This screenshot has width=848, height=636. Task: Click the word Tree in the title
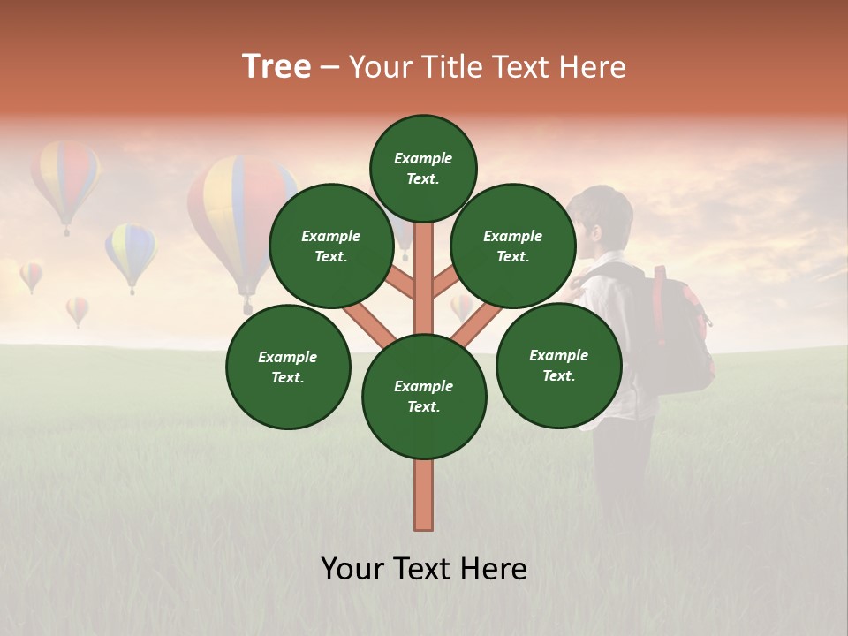[276, 67]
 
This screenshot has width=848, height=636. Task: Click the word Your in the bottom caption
[353, 569]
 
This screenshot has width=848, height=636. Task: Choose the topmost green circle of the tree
[423, 168]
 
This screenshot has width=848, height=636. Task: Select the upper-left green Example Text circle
[331, 246]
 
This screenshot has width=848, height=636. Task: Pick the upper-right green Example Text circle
[513, 246]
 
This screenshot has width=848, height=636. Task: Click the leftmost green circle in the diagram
[288, 367]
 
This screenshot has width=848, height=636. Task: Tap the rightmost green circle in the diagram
[559, 365]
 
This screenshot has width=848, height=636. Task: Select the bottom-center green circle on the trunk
[424, 396]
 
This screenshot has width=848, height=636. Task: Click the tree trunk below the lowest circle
[424, 495]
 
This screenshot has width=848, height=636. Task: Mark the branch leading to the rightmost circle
[477, 322]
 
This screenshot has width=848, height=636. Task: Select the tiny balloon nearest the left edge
[31, 275]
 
